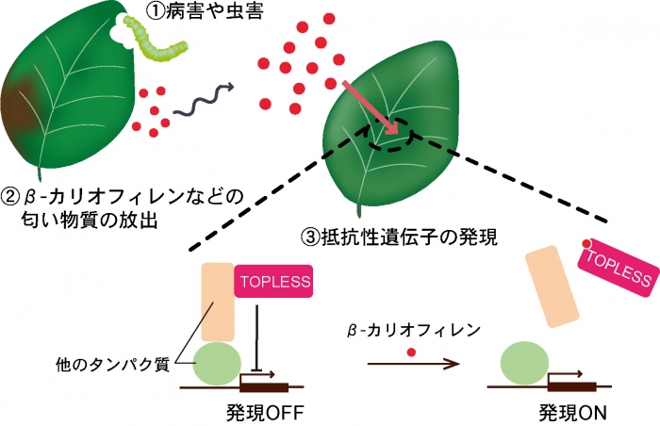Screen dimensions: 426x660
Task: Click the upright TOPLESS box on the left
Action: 274,282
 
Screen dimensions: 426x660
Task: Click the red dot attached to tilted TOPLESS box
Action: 586,243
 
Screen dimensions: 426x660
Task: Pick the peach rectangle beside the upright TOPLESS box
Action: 219,302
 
